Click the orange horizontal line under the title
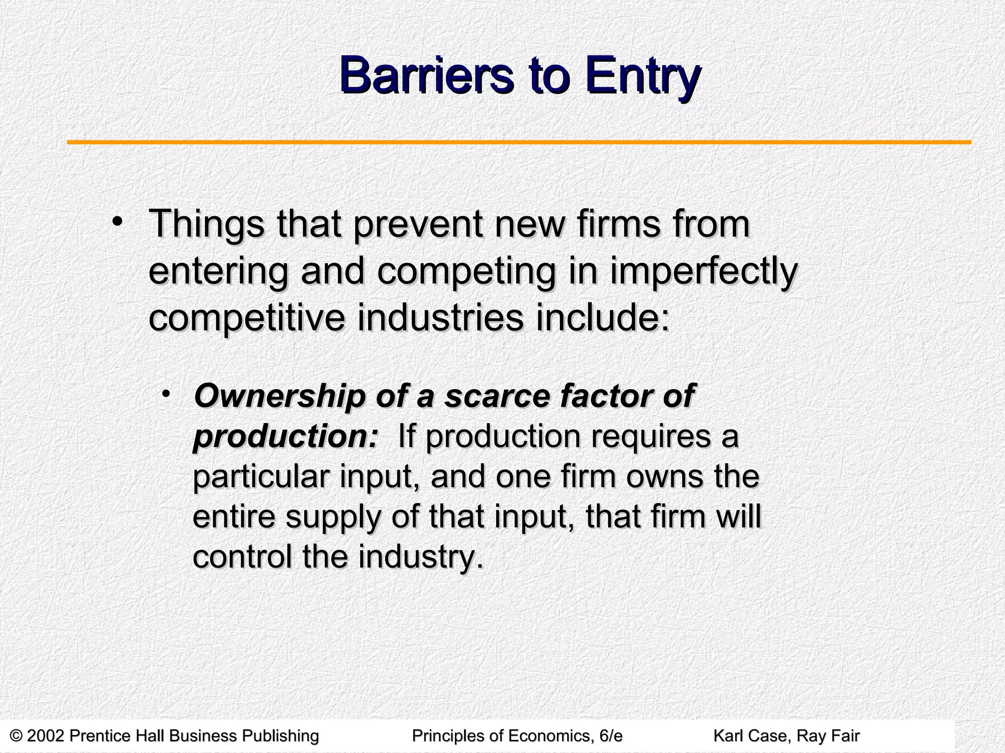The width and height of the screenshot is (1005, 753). tap(519, 143)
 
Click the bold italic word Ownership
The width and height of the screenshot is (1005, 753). tap(279, 397)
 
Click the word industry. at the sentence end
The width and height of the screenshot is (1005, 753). tap(418, 557)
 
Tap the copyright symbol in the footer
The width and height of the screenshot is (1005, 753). tap(17, 736)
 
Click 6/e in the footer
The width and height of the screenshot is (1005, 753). tap(610, 736)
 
